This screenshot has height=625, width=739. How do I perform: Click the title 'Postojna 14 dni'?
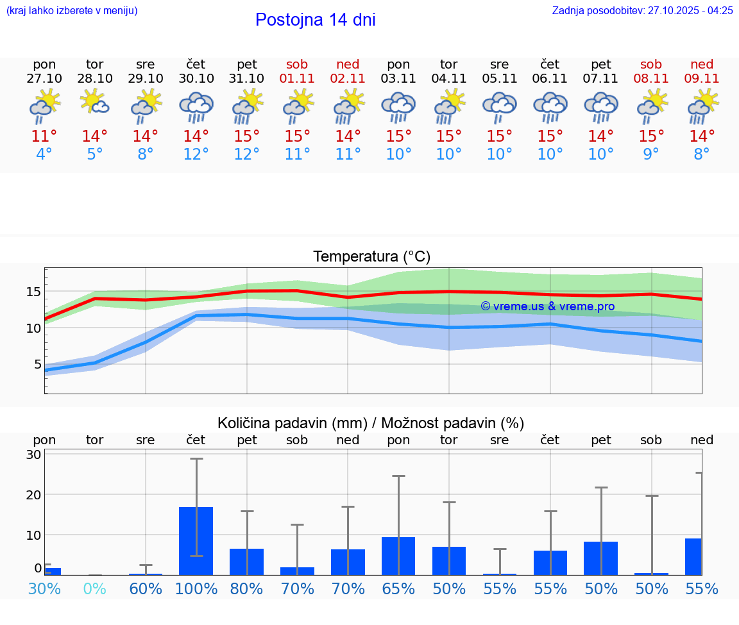tap(315, 20)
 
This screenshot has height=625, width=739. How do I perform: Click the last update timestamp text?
tap(642, 10)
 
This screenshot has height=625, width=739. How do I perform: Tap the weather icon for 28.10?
tap(95, 103)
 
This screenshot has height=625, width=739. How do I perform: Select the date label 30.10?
tap(196, 79)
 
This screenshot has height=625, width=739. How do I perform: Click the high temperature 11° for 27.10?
tap(44, 137)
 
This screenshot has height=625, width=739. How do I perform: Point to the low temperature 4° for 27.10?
tap(44, 154)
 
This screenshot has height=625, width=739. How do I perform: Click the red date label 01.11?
tap(297, 79)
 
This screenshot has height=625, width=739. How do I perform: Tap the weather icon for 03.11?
tap(398, 106)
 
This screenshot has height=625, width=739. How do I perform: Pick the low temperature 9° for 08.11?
tap(651, 154)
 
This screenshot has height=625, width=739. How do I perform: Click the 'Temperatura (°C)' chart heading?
tap(371, 257)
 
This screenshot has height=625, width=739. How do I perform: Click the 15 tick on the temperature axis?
tap(33, 292)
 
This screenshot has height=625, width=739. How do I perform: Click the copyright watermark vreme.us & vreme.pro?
tap(548, 306)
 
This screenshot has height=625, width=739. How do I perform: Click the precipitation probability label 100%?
tap(196, 588)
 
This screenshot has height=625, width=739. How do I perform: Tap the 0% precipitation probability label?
tap(95, 588)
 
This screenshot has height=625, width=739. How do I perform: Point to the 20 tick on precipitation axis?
tap(33, 495)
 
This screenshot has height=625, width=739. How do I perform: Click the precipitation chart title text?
tap(371, 423)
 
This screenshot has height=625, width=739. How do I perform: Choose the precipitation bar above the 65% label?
tap(398, 556)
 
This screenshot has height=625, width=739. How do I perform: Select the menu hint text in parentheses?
tap(72, 10)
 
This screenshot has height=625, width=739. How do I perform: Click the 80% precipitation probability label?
tap(247, 588)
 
